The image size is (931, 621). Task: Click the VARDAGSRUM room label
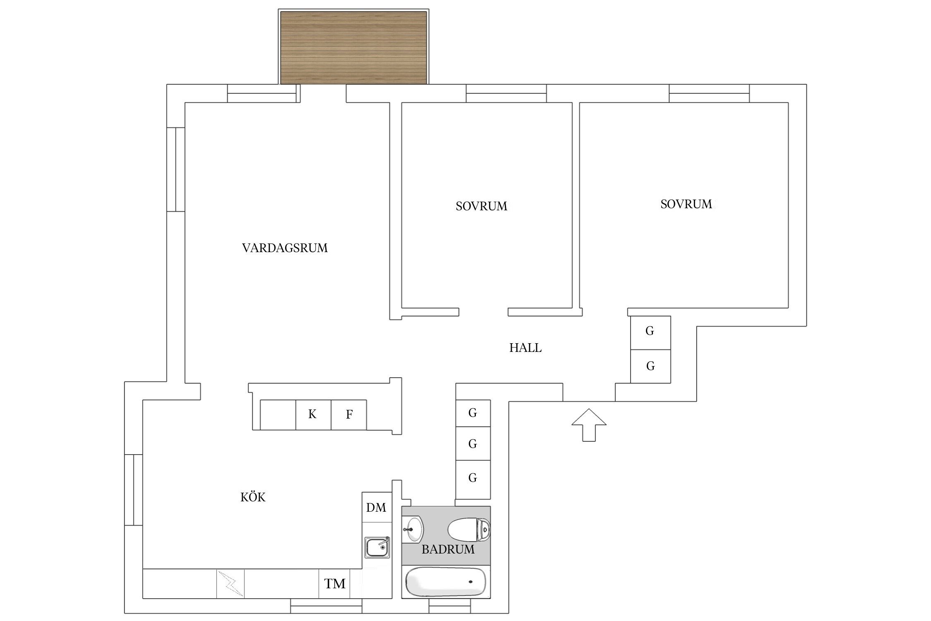(x=285, y=248)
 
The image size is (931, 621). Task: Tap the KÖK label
(x=253, y=497)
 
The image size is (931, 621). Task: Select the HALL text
(x=525, y=348)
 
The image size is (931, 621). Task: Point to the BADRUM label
(x=448, y=549)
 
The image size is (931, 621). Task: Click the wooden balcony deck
(x=353, y=48)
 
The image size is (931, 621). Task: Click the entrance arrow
(x=589, y=424)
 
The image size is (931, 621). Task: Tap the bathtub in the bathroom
(x=446, y=581)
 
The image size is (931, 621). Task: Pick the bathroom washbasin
(x=413, y=529)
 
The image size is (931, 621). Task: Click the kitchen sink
(x=377, y=547)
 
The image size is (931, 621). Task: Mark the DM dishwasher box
(x=376, y=507)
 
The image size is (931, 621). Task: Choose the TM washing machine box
(x=334, y=584)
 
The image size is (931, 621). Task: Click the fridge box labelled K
(x=313, y=414)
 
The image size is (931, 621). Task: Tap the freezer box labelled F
(x=349, y=414)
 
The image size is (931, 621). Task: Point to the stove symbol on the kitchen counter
(x=230, y=584)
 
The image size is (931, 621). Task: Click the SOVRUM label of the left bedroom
(x=481, y=206)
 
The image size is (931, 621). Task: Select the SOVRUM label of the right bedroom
(x=686, y=204)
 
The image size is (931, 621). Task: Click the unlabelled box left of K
(x=278, y=414)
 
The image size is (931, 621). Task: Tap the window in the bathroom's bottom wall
(x=449, y=609)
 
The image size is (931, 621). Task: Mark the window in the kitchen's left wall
(x=134, y=490)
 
